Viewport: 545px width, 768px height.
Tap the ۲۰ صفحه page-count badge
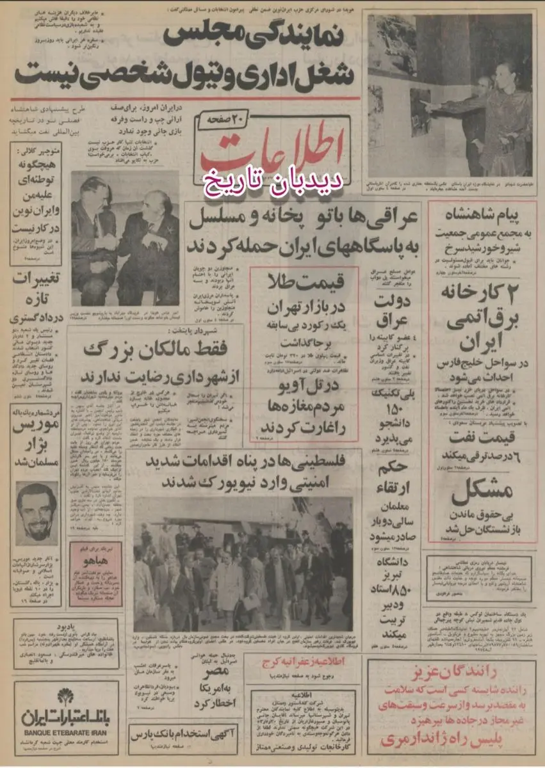point(222,120)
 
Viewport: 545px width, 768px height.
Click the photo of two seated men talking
point(125,238)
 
